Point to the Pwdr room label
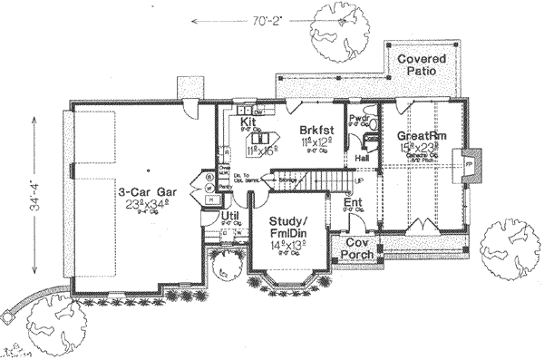click(x=360, y=119)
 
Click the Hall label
click(x=361, y=158)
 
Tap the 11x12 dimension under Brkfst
click(x=316, y=143)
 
